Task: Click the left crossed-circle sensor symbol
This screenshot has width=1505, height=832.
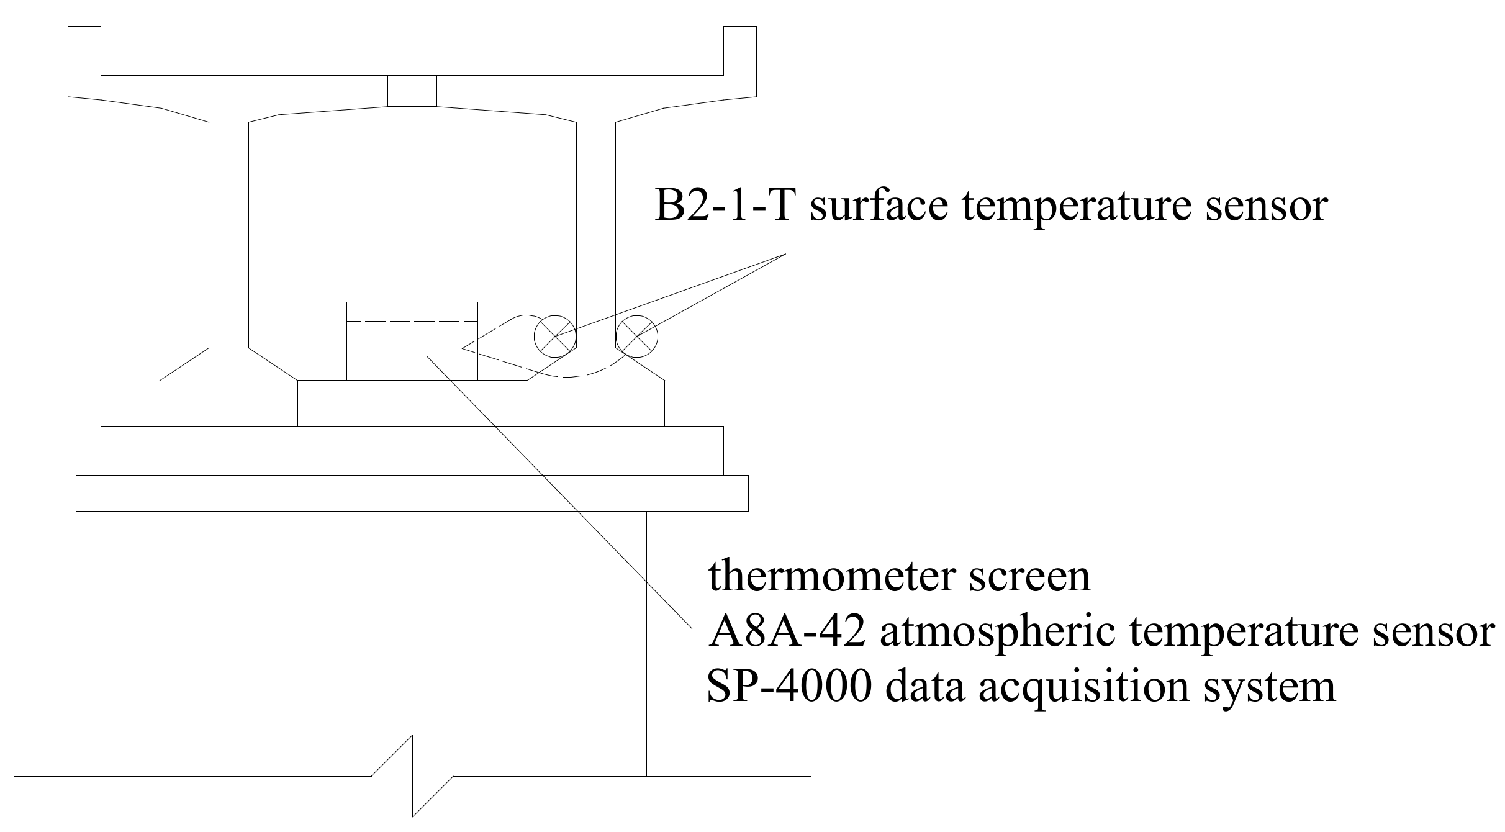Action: [555, 337]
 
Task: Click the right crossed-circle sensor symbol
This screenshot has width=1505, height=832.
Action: [636, 337]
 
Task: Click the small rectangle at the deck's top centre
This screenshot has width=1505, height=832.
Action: [412, 91]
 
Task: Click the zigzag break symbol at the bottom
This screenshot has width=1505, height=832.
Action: [413, 776]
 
